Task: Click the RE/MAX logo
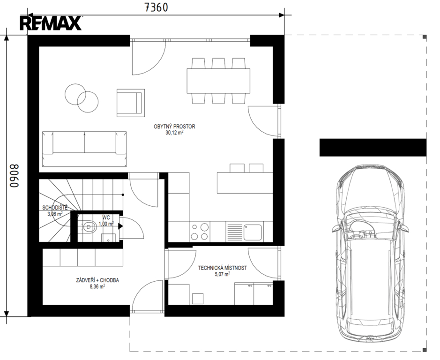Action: (51, 23)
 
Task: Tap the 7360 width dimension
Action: (156, 7)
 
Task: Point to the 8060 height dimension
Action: (14, 176)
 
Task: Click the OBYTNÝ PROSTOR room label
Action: (174, 127)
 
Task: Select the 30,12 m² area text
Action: (174, 133)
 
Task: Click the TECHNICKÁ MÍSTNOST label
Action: (223, 268)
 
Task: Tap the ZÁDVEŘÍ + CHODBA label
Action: (97, 280)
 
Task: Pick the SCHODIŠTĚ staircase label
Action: (55, 208)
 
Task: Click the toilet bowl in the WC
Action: (89, 226)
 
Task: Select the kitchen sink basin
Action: (253, 232)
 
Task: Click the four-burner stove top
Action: (200, 232)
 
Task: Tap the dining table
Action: (218, 81)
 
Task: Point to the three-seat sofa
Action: (84, 149)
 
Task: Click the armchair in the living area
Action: (131, 103)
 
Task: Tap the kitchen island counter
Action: (245, 183)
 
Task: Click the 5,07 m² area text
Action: (223, 274)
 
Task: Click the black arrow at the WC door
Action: (120, 226)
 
